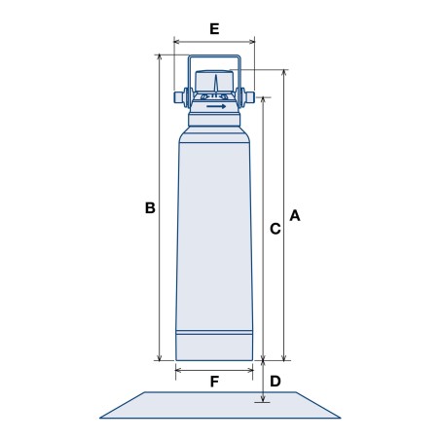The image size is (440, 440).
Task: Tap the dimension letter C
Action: point(275,229)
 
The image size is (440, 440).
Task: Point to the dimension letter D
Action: point(275,381)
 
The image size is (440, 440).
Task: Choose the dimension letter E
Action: point(213,28)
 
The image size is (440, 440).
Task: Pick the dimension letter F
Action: point(214,382)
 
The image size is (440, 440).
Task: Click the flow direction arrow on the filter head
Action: point(215,106)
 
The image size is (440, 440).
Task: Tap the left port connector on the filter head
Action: point(180,98)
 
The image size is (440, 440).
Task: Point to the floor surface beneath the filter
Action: point(219,405)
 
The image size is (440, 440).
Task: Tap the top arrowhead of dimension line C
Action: point(263,98)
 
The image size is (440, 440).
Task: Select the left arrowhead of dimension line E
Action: point(176,42)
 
